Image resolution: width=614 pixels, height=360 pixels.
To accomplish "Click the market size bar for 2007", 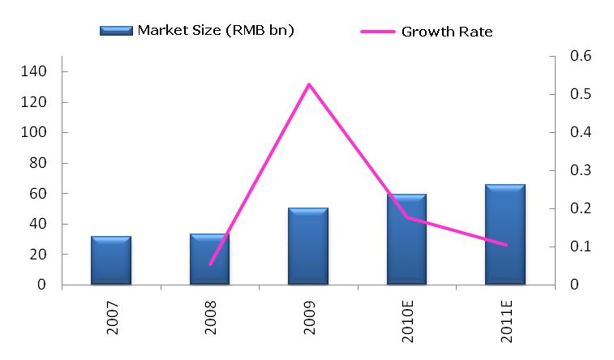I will coord(111,261).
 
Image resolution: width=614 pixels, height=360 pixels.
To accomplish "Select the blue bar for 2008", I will coord(209,259).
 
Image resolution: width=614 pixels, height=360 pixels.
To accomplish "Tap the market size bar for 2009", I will coord(308,246).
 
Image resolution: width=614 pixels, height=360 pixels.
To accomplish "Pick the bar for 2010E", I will coord(406,240).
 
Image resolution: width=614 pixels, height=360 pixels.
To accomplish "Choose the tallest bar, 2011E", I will coord(505,234).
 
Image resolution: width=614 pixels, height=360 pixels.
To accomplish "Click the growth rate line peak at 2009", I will coord(309,84).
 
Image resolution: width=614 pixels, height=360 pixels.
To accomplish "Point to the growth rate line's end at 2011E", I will coord(505,244).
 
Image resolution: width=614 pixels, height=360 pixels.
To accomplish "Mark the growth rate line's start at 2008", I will coord(210,264).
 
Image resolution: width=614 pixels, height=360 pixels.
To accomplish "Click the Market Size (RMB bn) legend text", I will coord(216,31).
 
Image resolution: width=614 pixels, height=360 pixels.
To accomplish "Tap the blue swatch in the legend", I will coord(116,31).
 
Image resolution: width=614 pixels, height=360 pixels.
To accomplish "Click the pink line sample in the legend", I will coord(378,32).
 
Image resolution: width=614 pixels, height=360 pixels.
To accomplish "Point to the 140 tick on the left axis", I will coord(34,72).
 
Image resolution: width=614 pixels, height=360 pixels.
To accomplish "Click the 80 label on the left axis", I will coord(37,163).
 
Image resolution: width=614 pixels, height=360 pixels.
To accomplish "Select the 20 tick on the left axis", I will coord(37,255).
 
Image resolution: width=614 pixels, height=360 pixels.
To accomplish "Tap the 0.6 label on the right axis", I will coord(582,57).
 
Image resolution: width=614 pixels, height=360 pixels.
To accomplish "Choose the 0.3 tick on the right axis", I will coord(582,171).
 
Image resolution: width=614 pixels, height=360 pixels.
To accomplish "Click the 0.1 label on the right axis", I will coord(582,247).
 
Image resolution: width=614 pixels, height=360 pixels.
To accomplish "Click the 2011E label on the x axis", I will coord(505,323).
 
